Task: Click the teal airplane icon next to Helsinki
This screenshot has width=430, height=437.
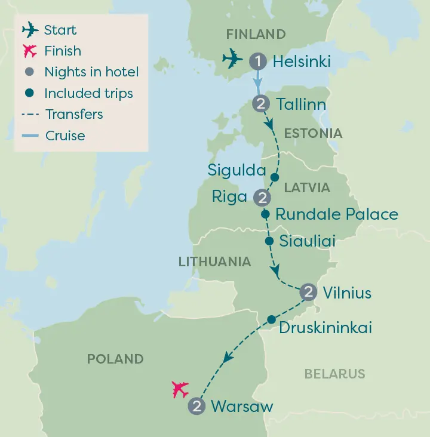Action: pos(232,59)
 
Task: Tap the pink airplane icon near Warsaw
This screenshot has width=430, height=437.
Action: pos(180,389)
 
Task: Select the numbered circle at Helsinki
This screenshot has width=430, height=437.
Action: pos(257,61)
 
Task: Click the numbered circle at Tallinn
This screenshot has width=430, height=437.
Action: pos(261,104)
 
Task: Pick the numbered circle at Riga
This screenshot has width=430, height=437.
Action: pos(262,197)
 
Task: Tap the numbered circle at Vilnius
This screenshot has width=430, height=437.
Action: pos(308,292)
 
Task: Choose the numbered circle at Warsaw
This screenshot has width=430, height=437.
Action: pos(196,407)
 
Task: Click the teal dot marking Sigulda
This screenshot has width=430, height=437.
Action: pos(275,177)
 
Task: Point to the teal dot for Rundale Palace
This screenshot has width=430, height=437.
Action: pos(266,213)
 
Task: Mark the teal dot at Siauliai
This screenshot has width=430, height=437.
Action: pos(269,241)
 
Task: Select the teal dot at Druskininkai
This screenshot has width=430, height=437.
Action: pos(271,319)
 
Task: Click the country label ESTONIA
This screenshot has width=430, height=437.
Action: pos(313,133)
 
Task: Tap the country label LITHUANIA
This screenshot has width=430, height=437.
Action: pos(214,261)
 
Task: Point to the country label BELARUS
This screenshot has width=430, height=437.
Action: pos(334,374)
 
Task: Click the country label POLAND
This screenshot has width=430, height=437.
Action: pos(115,359)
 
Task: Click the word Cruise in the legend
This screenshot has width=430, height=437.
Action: pos(65,136)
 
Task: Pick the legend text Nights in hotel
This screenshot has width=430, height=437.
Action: pos(91,72)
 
